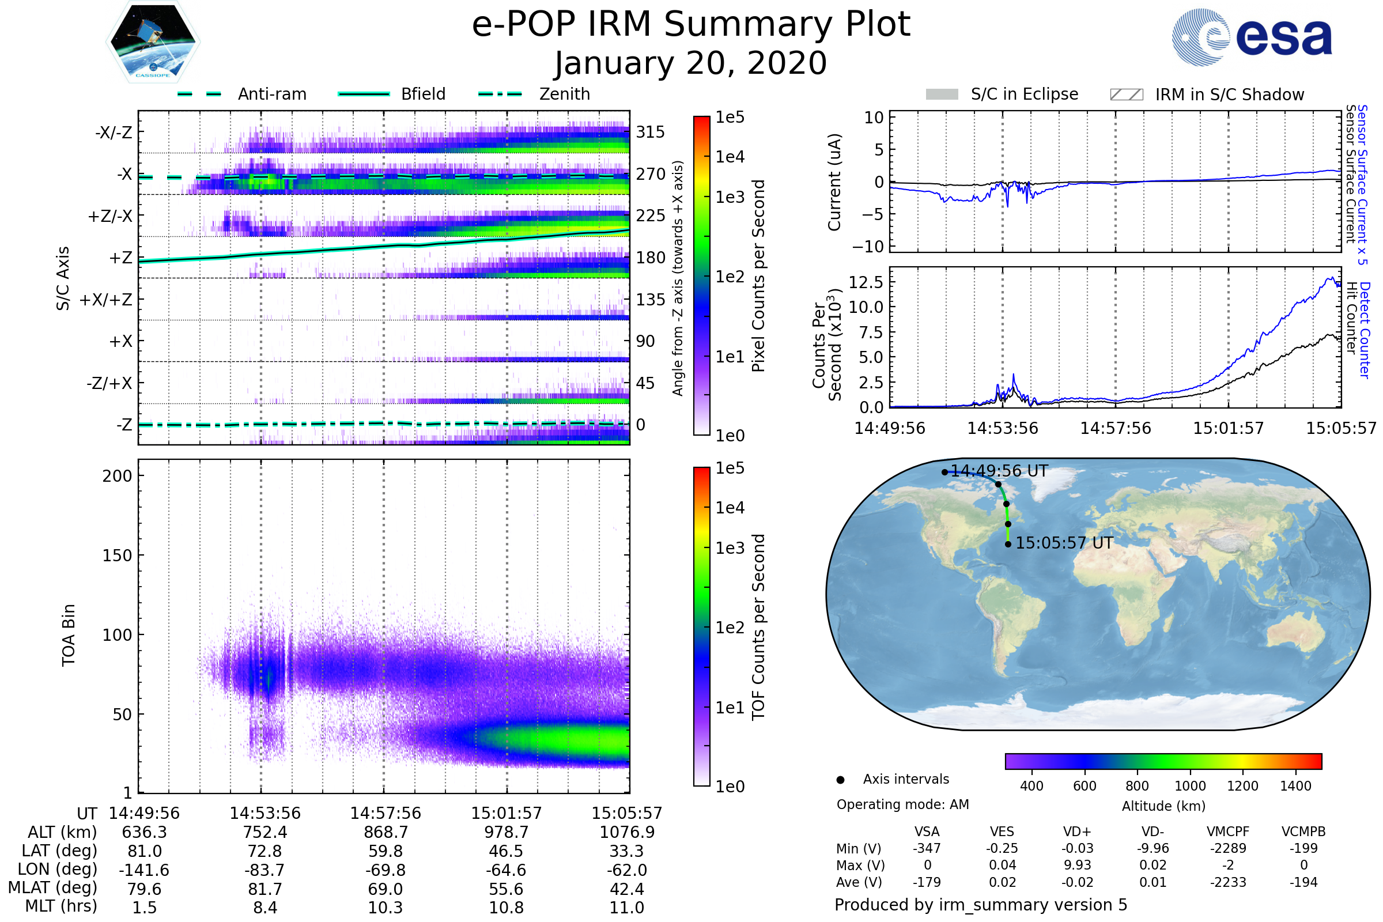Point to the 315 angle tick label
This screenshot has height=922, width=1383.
[x=650, y=132]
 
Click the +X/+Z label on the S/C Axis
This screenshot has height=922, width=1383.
[x=106, y=300]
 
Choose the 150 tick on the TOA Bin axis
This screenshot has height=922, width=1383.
[x=117, y=556]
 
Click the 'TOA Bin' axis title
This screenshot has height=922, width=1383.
[x=69, y=635]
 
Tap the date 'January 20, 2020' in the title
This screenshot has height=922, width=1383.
[x=691, y=63]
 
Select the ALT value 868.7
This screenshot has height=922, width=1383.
[x=386, y=832]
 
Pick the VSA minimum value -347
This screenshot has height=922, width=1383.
[x=927, y=848]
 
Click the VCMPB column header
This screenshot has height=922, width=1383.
[x=1303, y=832]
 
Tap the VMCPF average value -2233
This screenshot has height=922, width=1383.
[x=1228, y=882]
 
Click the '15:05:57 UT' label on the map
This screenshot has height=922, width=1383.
[x=1064, y=543]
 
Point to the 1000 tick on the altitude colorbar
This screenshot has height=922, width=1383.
[x=1190, y=786]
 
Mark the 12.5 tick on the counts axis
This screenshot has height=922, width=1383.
[x=866, y=282]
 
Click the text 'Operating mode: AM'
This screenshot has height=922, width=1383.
[x=902, y=804]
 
